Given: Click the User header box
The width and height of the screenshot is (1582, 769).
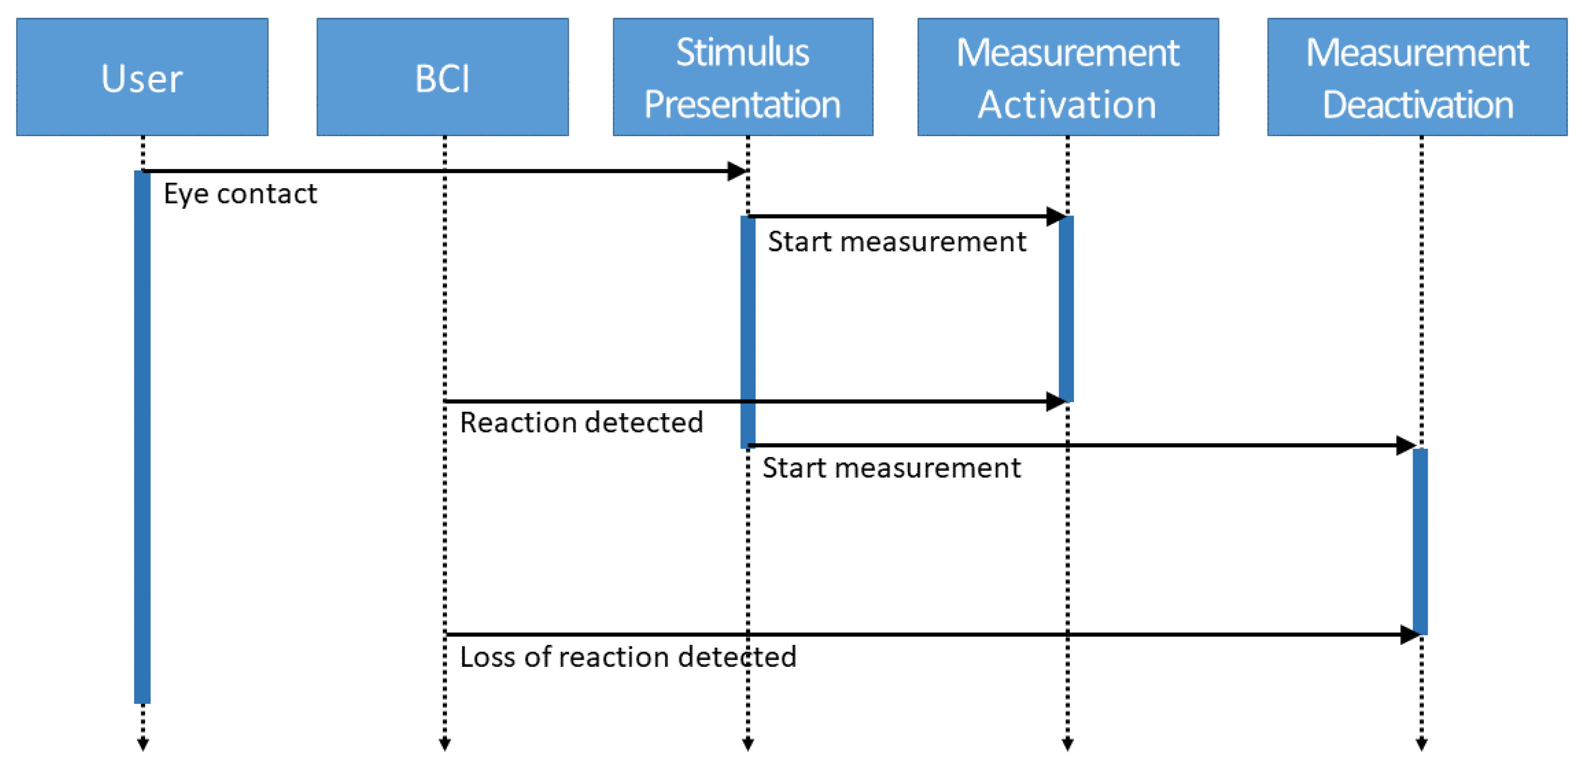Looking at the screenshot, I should (x=142, y=77).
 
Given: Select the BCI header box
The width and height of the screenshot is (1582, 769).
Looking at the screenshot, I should (x=442, y=77).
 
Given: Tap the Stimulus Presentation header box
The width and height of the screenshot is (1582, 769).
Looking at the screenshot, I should (x=743, y=77).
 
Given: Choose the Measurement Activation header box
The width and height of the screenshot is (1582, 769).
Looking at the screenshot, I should (x=1067, y=77).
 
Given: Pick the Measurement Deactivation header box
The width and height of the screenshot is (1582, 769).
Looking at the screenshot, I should (x=1417, y=77).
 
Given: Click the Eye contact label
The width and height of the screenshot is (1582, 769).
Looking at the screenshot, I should (x=240, y=194).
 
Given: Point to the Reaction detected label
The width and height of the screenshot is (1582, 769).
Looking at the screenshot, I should (x=581, y=422).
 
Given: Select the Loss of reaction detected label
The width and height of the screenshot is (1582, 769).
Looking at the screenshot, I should (x=628, y=657).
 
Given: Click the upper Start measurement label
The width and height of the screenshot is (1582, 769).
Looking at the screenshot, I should (x=897, y=241).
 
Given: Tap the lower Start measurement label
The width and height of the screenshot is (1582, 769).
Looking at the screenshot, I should (x=891, y=468).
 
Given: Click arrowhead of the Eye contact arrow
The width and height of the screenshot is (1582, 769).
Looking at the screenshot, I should (x=737, y=171).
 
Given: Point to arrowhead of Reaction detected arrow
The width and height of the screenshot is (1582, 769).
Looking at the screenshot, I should (x=1056, y=401).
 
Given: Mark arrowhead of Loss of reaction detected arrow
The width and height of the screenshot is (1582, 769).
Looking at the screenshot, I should (x=1410, y=634).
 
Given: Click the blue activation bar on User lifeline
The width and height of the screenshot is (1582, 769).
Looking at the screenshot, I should (x=142, y=436).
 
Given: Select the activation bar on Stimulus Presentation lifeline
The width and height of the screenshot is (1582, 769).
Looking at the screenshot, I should (x=747, y=331).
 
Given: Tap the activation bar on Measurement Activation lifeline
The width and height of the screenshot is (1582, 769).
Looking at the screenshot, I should (x=1066, y=309).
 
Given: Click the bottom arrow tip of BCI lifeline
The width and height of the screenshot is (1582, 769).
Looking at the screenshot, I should (x=445, y=745).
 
